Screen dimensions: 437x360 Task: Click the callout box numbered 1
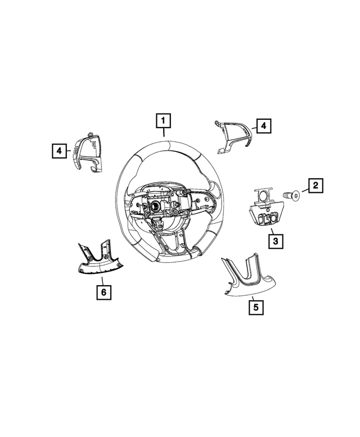point(163,121)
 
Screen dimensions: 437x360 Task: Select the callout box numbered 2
point(315,184)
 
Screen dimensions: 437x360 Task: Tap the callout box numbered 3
point(275,242)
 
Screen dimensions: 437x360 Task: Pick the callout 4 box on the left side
point(57,150)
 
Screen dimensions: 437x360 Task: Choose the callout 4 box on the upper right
point(263,127)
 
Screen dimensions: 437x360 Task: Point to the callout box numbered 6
point(103,292)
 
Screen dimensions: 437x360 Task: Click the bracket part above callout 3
point(264,211)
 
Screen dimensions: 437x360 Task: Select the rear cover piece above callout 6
point(99,259)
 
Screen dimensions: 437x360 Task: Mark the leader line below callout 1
point(163,133)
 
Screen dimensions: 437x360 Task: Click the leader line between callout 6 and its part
point(102,281)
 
